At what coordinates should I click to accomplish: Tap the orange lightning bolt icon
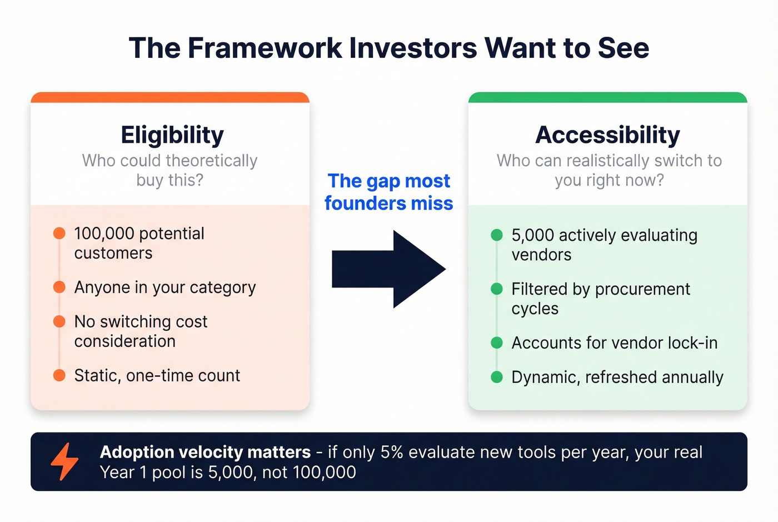pyautogui.click(x=64, y=461)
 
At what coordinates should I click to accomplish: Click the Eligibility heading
pyautogui.click(x=172, y=135)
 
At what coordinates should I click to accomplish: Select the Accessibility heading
pyautogui.click(x=607, y=135)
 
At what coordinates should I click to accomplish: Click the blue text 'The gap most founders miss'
pyautogui.click(x=389, y=192)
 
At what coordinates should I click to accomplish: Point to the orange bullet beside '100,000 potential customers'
pyautogui.click(x=59, y=233)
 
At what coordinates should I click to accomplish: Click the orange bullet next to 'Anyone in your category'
pyautogui.click(x=59, y=287)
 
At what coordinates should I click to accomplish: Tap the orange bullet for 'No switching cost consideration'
pyautogui.click(x=59, y=322)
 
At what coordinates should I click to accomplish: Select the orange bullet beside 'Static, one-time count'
pyautogui.click(x=59, y=376)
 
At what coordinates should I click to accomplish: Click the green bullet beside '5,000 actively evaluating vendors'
pyautogui.click(x=497, y=235)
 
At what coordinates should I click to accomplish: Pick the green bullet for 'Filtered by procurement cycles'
pyautogui.click(x=497, y=289)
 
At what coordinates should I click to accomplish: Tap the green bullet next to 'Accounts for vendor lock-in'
pyautogui.click(x=497, y=343)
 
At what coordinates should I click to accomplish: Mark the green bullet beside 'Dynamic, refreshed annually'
pyautogui.click(x=497, y=377)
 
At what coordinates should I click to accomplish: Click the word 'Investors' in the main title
pyautogui.click(x=413, y=48)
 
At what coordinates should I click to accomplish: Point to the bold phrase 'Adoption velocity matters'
pyautogui.click(x=205, y=452)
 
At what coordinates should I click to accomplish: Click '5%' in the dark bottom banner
pyautogui.click(x=392, y=452)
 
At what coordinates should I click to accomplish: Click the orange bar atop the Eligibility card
pyautogui.click(x=170, y=98)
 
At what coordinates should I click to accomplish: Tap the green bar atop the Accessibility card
pyautogui.click(x=607, y=98)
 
